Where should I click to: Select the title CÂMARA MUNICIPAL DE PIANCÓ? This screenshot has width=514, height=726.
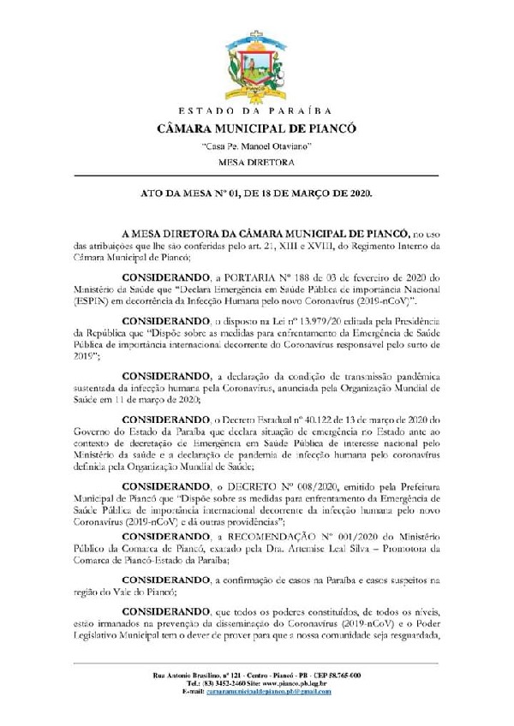pos(257,129)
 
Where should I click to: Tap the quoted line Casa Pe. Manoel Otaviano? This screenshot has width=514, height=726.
pos(257,146)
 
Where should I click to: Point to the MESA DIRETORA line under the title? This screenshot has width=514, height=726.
pos(257,161)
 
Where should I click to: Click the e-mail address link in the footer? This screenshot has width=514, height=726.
pos(270,691)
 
